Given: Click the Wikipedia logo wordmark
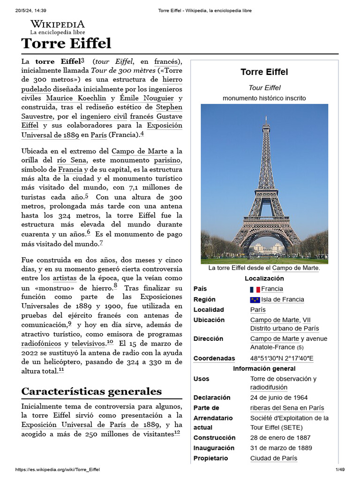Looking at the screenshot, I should [57, 24].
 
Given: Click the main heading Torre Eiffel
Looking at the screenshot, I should [66, 44].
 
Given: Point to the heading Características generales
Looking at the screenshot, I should [91, 391].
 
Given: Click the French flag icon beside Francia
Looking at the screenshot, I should [255, 289].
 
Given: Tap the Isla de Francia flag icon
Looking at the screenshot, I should [255, 300].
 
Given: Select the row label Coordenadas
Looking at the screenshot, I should [214, 359].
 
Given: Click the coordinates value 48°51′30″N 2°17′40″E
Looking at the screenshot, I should [282, 359].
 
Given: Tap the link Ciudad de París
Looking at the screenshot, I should [274, 458].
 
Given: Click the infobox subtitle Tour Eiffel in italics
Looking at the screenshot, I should [264, 88].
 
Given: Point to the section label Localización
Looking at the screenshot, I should [264, 278].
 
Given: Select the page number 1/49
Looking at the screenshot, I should [339, 470].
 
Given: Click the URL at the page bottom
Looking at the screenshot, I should [58, 470].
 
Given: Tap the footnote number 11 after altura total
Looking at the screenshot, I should [61, 370].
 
